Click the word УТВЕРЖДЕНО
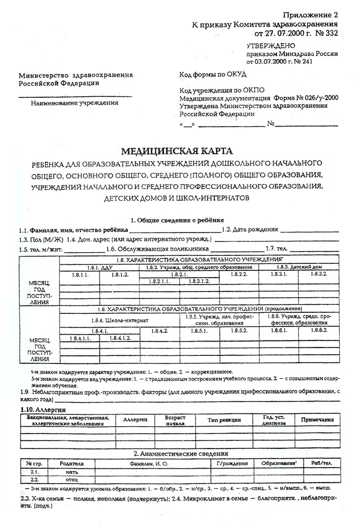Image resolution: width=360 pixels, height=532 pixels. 271,47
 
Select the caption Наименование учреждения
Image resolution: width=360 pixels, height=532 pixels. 74,103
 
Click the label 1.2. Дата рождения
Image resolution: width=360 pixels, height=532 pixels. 249,230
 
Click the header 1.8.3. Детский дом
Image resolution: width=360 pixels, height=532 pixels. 299,267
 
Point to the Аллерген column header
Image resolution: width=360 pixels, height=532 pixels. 135,420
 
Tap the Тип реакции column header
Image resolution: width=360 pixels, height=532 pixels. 223,420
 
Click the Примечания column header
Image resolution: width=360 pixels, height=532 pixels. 317,420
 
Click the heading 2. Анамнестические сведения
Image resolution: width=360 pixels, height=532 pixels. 180,454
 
